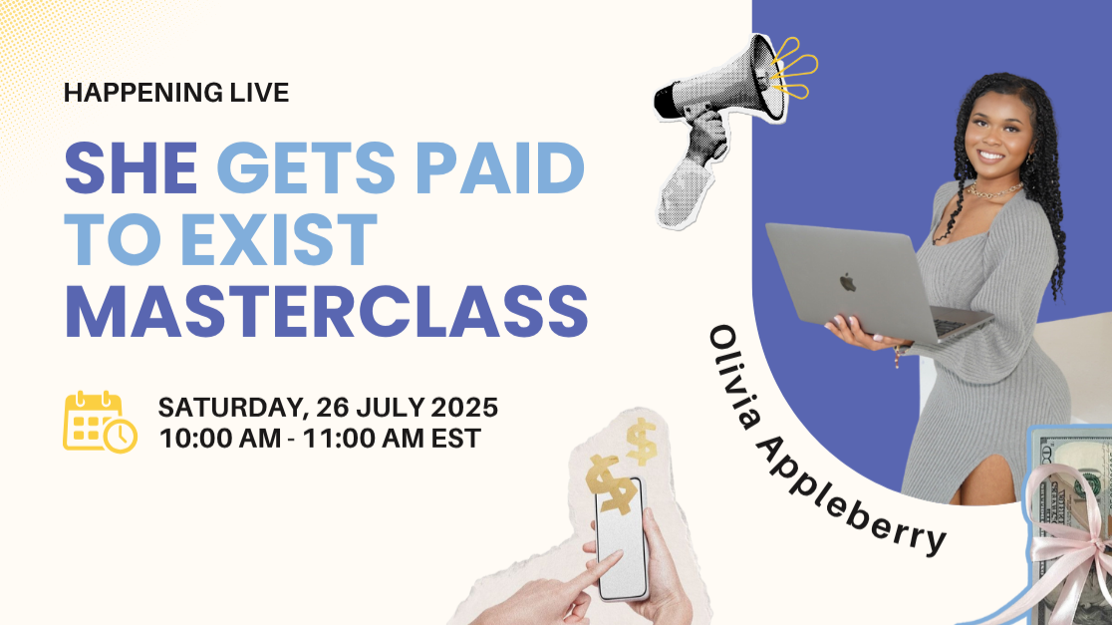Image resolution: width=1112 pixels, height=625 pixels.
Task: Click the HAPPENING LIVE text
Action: [176, 94]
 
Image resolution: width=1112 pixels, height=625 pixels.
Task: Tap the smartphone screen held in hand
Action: [619, 544]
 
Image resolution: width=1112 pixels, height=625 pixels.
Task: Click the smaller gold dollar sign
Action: [642, 442]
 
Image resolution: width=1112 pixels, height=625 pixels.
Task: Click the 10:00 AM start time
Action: [211, 438]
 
